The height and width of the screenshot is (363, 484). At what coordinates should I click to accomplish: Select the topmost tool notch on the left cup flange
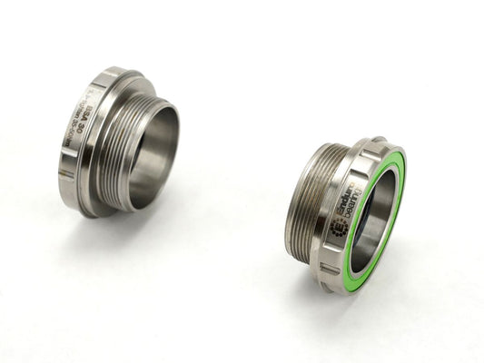[112, 72]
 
